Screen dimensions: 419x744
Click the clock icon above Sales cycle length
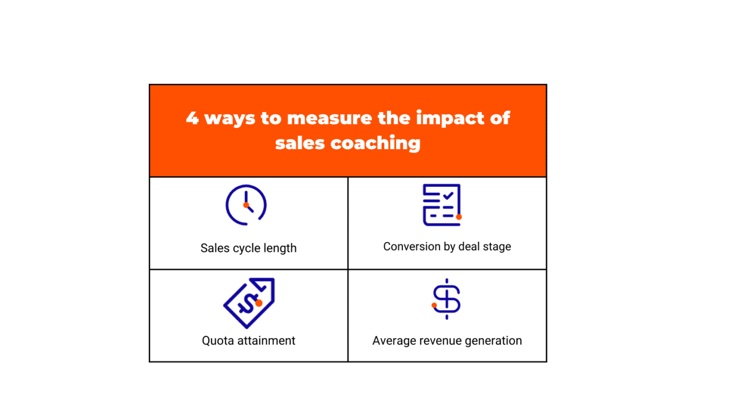pyautogui.click(x=246, y=205)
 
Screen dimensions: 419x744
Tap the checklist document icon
pyautogui.click(x=442, y=205)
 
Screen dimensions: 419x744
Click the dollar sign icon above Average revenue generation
pyautogui.click(x=446, y=299)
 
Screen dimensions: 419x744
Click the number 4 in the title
pyautogui.click(x=192, y=118)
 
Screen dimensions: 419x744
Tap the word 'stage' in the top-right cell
pyautogui.click(x=497, y=247)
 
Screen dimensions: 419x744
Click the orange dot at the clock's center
pyautogui.click(x=246, y=205)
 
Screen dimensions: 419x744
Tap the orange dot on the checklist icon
pyautogui.click(x=459, y=217)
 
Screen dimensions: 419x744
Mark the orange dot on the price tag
pyautogui.click(x=259, y=303)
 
